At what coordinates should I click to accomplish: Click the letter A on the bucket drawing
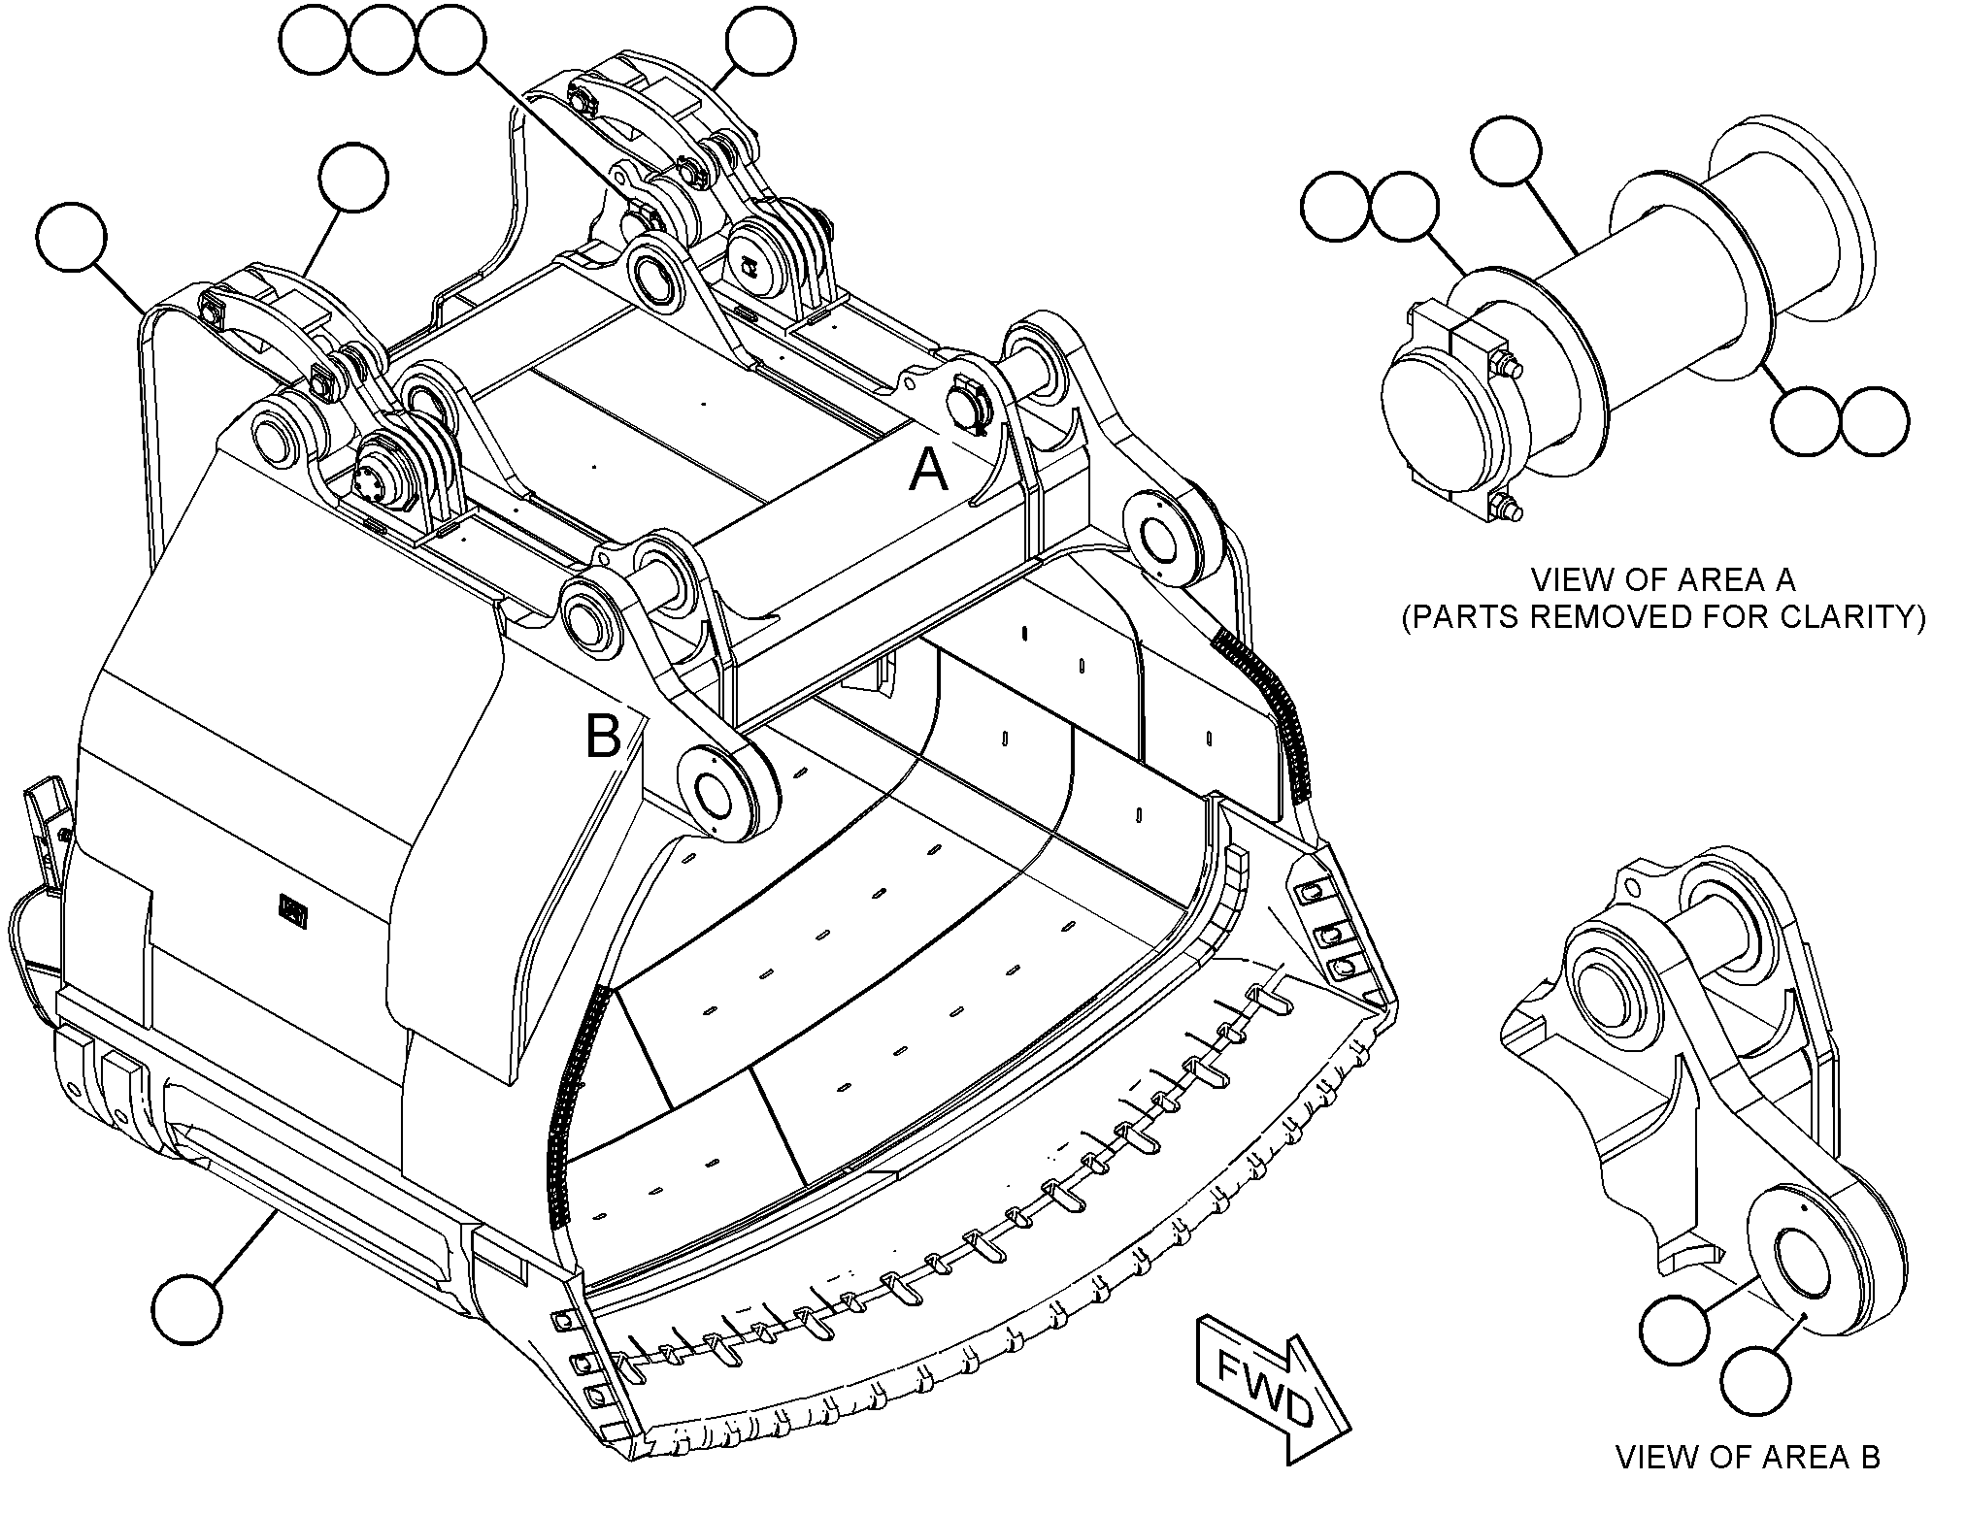coord(927,474)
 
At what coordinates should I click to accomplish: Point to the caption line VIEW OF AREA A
coord(1663,580)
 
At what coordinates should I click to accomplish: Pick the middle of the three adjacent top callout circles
coord(383,40)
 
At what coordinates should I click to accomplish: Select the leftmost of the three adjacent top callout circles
coord(314,40)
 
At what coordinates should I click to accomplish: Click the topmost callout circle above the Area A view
coord(1506,151)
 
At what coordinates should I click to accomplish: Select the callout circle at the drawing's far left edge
coord(70,237)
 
